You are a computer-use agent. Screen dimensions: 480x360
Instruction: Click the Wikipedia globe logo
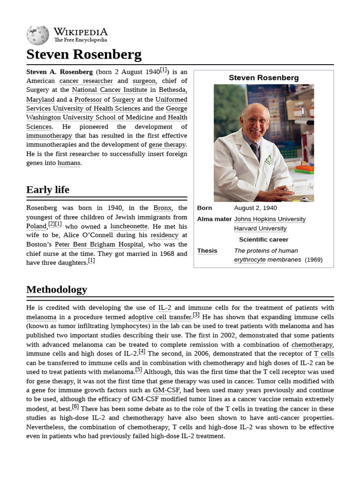[37, 35]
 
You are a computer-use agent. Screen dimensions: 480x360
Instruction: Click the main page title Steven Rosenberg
[83, 54]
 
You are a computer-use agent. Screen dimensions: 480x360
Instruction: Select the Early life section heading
[48, 190]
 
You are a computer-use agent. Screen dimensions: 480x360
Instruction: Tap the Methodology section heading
[57, 290]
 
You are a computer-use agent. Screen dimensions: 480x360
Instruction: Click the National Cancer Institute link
[109, 90]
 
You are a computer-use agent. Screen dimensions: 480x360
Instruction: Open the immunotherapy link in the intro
[49, 135]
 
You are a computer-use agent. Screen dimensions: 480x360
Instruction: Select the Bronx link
[162, 208]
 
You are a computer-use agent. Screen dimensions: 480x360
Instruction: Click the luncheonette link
[129, 226]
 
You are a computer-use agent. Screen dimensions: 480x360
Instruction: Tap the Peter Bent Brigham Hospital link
[99, 245]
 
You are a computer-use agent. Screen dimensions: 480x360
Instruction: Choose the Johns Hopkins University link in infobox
[270, 219]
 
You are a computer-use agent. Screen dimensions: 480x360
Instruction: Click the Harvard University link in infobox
[260, 229]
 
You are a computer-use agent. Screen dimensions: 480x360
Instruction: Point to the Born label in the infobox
[204, 208]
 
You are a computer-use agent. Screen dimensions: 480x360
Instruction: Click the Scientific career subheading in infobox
[263, 240]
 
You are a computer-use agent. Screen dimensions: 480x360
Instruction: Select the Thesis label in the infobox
[207, 251]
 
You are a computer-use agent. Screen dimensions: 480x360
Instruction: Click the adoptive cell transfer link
[160, 317]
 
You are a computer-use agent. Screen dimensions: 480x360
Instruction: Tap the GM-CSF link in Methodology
[166, 390]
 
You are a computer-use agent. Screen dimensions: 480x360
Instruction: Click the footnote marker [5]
[138, 370]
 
